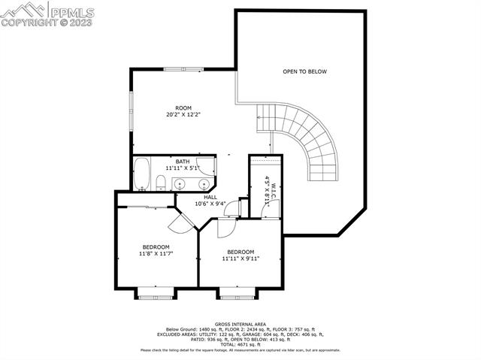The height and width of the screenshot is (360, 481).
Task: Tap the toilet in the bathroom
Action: click(x=161, y=181)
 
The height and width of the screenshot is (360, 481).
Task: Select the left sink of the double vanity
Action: click(x=180, y=183)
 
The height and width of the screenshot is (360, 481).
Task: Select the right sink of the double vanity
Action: click(x=202, y=183)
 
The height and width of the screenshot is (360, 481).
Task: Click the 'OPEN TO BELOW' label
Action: click(x=304, y=72)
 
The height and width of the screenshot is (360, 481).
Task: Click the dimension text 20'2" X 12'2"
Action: click(x=183, y=115)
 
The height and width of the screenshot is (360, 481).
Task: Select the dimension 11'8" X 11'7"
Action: click(x=156, y=255)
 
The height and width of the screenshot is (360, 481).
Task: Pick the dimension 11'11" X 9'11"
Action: click(x=240, y=259)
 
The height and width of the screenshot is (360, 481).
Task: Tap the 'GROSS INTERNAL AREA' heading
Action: click(x=240, y=325)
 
